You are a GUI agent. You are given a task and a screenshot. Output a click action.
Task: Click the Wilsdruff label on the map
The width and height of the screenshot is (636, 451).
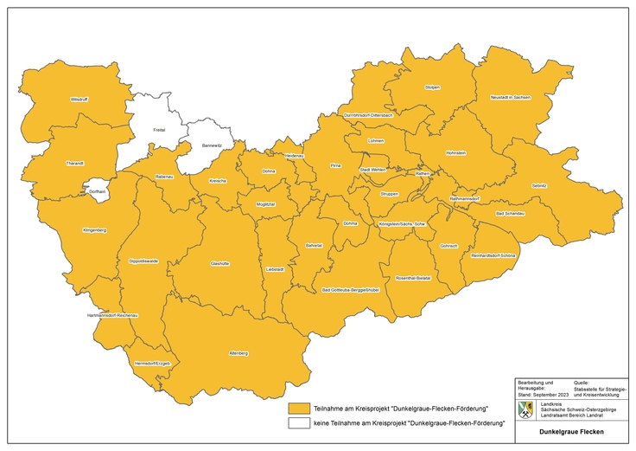(x=79, y=100)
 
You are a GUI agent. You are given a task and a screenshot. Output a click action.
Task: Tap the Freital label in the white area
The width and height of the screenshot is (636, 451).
(x=158, y=130)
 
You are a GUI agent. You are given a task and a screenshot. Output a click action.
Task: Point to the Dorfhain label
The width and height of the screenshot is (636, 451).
(x=97, y=190)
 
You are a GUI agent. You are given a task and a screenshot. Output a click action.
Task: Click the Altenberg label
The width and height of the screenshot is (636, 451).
(x=238, y=353)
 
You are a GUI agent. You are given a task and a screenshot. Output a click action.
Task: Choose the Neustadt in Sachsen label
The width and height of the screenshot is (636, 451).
(x=509, y=98)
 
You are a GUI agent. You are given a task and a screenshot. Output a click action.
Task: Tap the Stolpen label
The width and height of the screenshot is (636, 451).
(x=432, y=87)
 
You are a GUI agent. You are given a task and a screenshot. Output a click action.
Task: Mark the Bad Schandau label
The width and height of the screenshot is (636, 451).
(x=510, y=213)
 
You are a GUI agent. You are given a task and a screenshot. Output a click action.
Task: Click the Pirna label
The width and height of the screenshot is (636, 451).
(x=336, y=164)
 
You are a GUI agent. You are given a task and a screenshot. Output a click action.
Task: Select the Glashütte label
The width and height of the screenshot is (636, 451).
(x=220, y=262)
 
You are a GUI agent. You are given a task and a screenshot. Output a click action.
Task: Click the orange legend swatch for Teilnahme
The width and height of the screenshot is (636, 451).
(x=300, y=407)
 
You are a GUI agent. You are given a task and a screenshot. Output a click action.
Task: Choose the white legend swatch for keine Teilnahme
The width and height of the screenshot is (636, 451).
(x=300, y=423)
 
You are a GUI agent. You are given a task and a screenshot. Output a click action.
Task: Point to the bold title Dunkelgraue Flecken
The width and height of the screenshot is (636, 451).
(x=570, y=431)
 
